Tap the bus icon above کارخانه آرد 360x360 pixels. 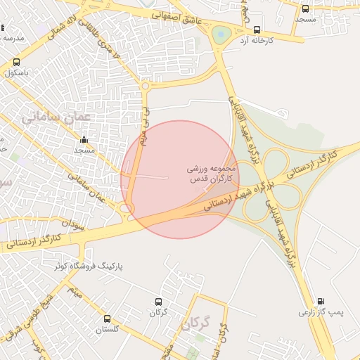pyautogui.click(x=257, y=30)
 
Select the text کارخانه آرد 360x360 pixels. pyautogui.click(x=256, y=41)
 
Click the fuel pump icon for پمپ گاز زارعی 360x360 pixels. pyautogui.click(x=321, y=301)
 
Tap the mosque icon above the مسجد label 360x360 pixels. pyautogui.click(x=84, y=139)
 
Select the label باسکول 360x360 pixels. pyautogui.click(x=18, y=72)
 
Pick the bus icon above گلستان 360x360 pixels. pyautogui.click(x=108, y=319)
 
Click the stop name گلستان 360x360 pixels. pyautogui.click(x=108, y=330)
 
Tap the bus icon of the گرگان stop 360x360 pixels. pyautogui.click(x=157, y=302)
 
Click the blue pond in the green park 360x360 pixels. pyautogui.click(x=221, y=32)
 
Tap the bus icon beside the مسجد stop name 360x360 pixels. pyautogui.click(x=305, y=8)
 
